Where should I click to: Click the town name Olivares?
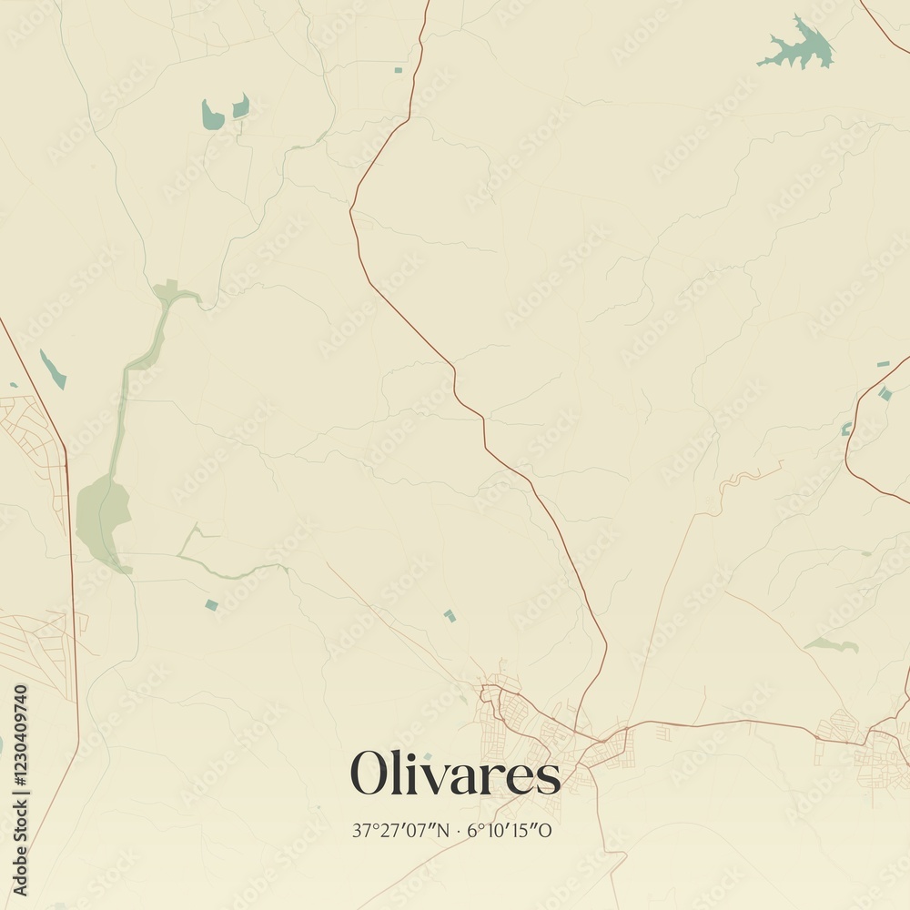tap(455, 773)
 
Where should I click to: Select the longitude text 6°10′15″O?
tap(510, 830)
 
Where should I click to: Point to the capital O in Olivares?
tap(370, 774)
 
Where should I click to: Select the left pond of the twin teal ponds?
tap(212, 116)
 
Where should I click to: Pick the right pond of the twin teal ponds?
tap(241, 106)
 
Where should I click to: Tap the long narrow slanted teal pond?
tap(52, 369)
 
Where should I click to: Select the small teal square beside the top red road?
tap(398, 69)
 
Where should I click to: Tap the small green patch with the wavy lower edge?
tap(832, 644)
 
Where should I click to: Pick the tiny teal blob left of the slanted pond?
tap(14, 385)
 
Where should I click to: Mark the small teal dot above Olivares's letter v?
tap(428, 755)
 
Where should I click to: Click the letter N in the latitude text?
tap(445, 830)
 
